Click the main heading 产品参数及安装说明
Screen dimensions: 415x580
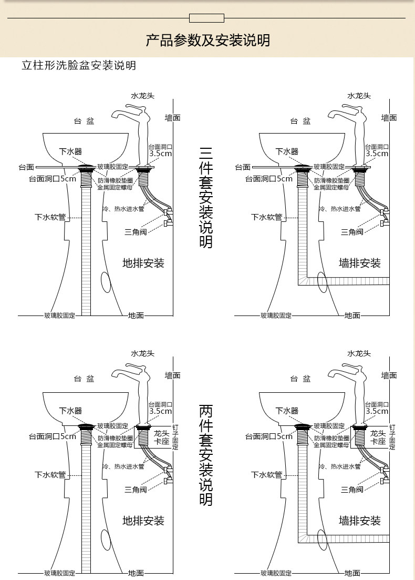[x=207, y=40]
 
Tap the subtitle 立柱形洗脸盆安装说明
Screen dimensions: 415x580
[x=79, y=66]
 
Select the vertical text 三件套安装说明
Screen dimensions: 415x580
[x=206, y=198]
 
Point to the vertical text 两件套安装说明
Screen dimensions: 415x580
[x=206, y=455]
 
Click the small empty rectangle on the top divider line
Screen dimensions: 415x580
[x=206, y=18]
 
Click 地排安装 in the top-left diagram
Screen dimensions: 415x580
[x=143, y=263]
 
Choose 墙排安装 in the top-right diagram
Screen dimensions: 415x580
[x=359, y=263]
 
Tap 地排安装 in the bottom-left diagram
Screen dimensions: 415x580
[x=143, y=521]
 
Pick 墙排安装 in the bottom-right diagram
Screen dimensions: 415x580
[x=359, y=521]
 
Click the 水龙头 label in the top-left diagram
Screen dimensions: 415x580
[x=143, y=96]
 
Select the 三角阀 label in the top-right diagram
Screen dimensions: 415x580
[x=352, y=232]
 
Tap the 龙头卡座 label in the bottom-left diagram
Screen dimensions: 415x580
[x=161, y=437]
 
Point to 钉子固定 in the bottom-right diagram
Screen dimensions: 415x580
[x=392, y=437]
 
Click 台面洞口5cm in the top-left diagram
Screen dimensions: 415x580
[x=53, y=179]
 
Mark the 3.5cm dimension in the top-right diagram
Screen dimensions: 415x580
[x=377, y=154]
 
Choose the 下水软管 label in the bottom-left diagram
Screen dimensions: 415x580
[x=50, y=475]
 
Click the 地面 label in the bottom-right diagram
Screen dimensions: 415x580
[x=352, y=573]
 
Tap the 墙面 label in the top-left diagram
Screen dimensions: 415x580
[x=173, y=118]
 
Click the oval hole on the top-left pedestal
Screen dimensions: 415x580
[x=106, y=282]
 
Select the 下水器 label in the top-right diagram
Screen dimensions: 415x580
[x=287, y=151]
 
